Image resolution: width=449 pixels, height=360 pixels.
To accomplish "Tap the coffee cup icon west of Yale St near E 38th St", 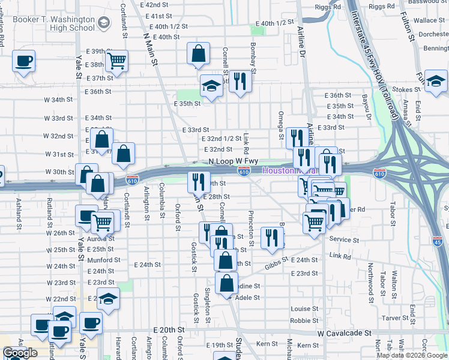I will point(23,61).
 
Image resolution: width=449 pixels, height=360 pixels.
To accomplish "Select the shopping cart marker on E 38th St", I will point(116,61).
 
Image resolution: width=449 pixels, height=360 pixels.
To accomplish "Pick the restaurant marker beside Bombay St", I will point(240,81).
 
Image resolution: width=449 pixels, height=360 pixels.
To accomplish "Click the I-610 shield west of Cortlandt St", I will point(133,180).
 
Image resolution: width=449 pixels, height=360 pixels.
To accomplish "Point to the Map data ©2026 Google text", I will point(411,355).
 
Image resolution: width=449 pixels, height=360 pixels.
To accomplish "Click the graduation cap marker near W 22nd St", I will point(108,299).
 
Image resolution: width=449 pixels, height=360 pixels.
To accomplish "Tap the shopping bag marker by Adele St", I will point(226,284).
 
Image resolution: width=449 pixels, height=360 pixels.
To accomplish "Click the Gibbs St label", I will point(277,261).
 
